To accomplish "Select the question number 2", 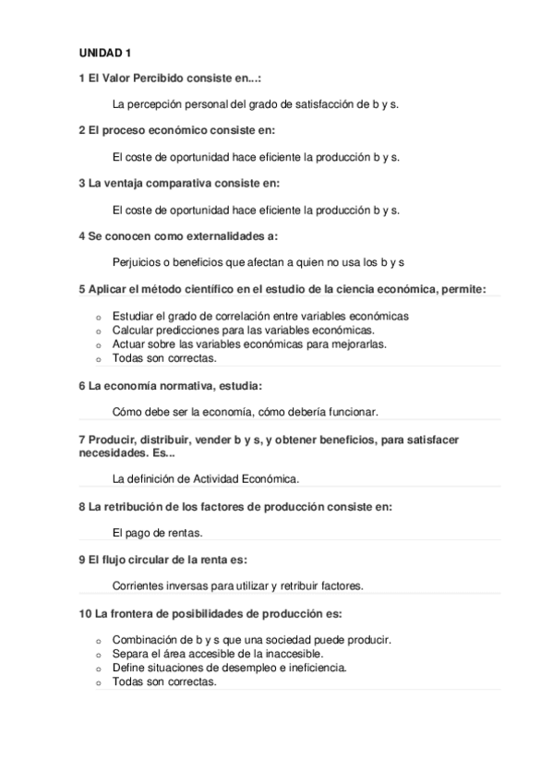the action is click(82, 130).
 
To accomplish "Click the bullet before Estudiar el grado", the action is click(98, 317).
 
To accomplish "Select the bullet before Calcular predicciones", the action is click(98, 331).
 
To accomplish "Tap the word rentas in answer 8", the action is click(184, 532).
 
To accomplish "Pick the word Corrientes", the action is click(138, 585).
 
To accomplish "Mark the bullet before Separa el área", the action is click(98, 654).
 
